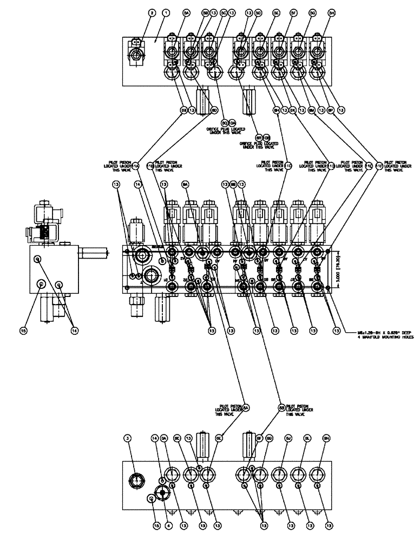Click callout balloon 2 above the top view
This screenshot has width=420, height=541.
click(x=136, y=12)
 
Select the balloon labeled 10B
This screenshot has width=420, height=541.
click(x=266, y=138)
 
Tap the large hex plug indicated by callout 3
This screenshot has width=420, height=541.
click(x=136, y=480)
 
